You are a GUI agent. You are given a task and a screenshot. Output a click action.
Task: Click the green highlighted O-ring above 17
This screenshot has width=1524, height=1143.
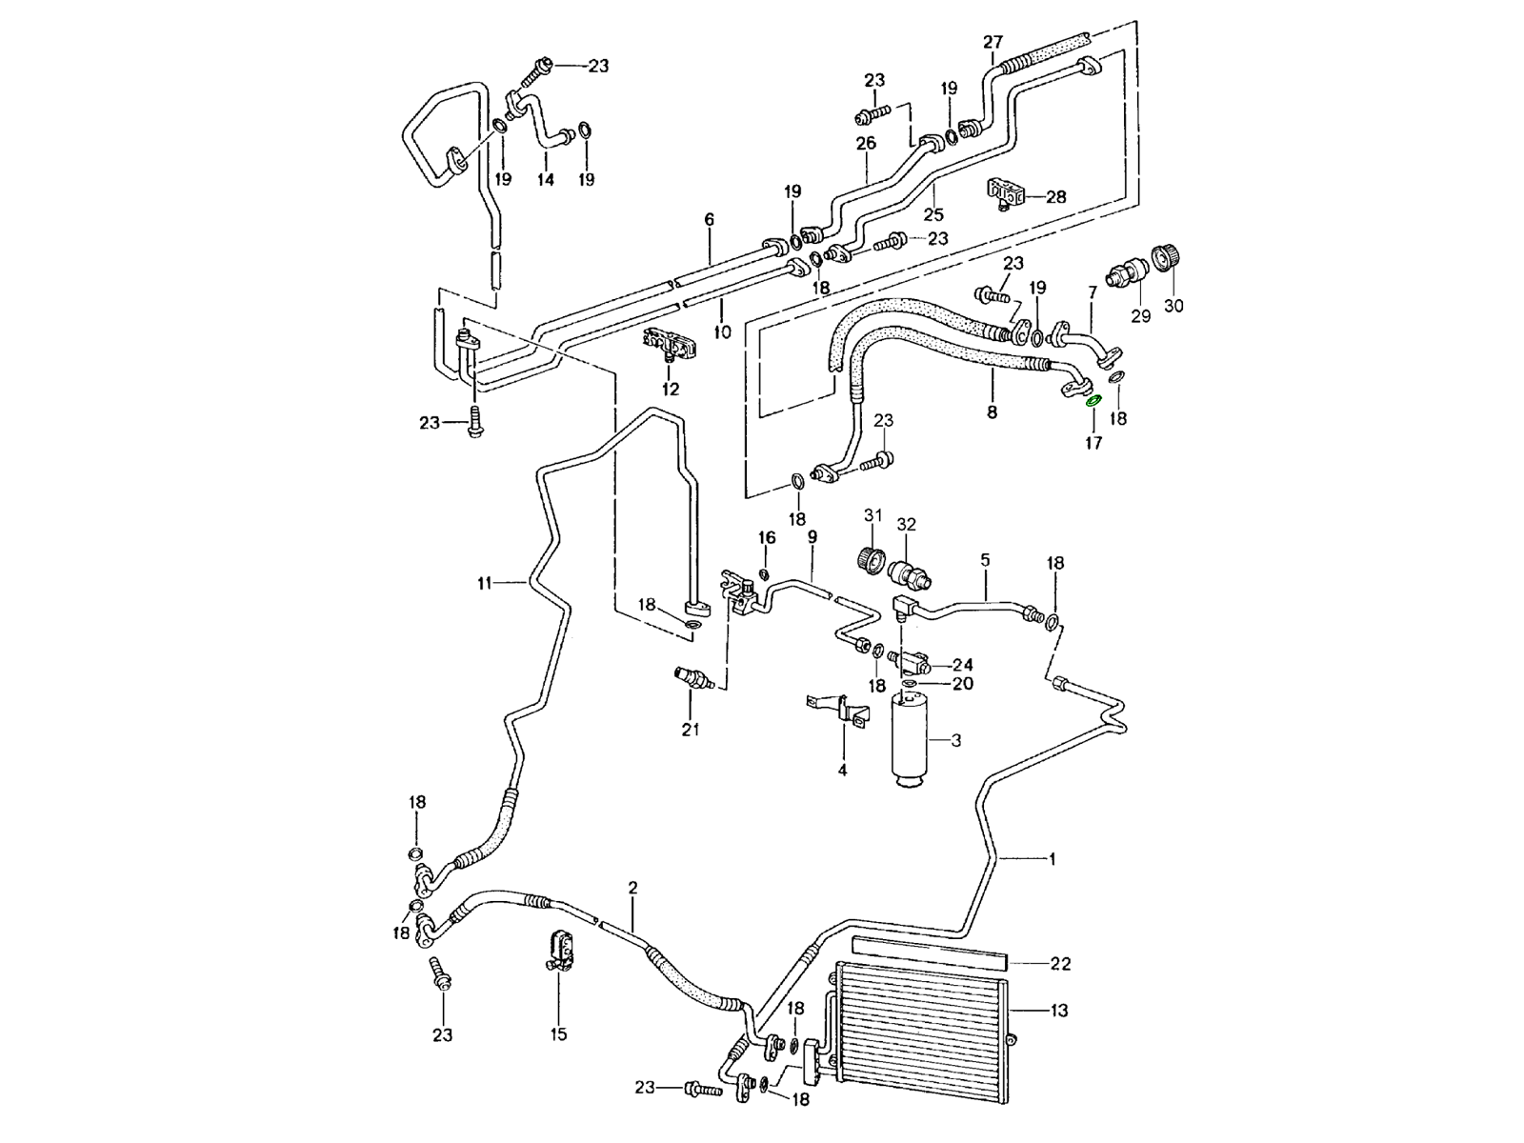[1093, 400]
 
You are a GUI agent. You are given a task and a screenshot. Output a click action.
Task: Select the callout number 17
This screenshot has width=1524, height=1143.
[1093, 443]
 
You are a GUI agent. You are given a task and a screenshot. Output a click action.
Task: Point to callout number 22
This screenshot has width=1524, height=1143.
[1060, 964]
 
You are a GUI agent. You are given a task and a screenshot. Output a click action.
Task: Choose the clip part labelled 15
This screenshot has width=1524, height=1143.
[557, 950]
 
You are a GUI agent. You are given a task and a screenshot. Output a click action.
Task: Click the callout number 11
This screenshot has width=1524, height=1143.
[485, 583]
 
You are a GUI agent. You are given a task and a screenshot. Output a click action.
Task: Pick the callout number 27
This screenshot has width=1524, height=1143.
[993, 42]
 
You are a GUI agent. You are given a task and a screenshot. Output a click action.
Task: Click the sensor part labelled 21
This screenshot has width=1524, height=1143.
[690, 678]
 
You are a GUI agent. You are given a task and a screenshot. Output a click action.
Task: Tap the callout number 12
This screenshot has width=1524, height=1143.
[671, 389]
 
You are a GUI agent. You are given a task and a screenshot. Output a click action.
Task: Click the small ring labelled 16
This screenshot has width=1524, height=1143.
[763, 573]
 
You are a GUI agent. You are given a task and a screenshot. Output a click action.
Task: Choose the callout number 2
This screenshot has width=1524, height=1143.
[632, 888]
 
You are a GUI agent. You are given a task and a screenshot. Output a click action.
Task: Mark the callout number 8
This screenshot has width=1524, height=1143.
[992, 412]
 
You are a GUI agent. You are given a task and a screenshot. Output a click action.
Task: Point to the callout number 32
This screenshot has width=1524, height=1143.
[906, 524]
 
